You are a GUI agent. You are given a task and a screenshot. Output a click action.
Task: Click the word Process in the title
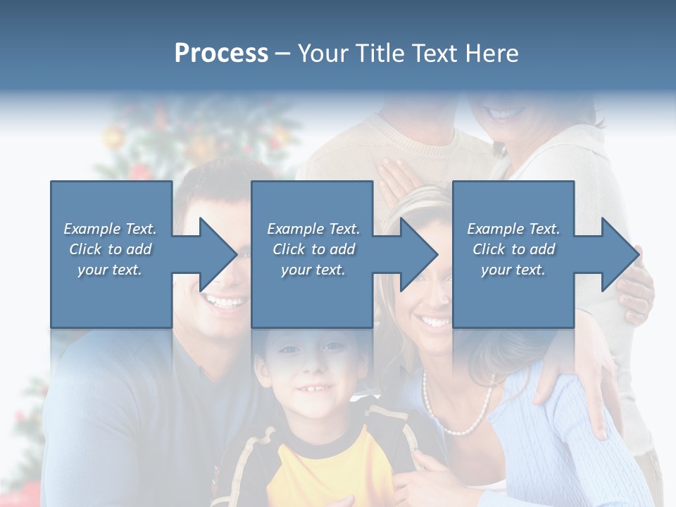coord(221,54)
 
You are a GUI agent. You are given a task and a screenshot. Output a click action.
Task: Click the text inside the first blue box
coord(110,249)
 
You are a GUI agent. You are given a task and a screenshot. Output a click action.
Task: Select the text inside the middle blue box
coord(313,249)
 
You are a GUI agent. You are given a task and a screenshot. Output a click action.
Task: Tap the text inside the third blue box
coord(513,249)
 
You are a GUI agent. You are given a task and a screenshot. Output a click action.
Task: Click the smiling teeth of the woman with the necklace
coord(434,323)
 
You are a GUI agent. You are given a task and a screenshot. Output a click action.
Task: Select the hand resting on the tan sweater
coord(398,176)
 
